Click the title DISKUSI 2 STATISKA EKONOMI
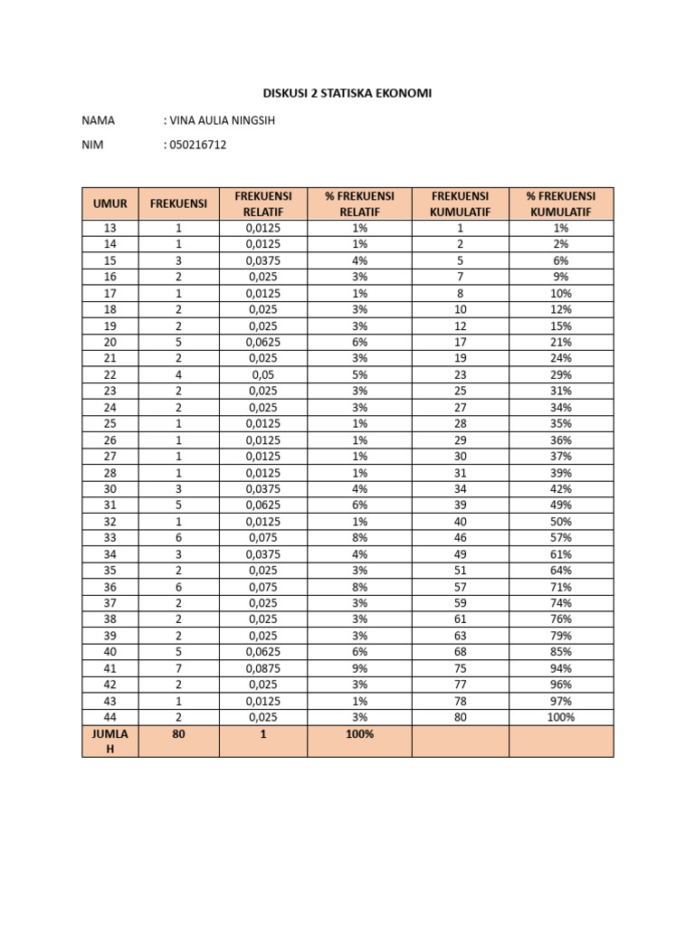point(347,93)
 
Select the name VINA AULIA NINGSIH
point(218,120)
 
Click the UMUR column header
point(109,203)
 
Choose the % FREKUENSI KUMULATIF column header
point(560,203)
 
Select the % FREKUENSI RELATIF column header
point(359,203)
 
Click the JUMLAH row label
point(109,741)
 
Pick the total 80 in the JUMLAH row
point(178,734)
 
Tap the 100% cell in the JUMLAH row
point(359,734)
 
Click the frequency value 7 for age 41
point(178,668)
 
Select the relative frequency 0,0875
point(263,668)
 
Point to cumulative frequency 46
point(460,538)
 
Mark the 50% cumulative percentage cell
point(560,522)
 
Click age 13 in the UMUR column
point(109,229)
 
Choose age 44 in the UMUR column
point(109,717)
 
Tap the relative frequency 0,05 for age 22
point(263,375)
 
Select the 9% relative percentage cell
point(359,668)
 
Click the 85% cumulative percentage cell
point(560,652)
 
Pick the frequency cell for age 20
point(178,343)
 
